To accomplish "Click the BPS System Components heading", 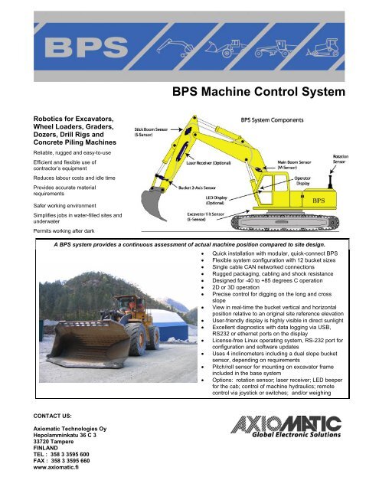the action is coord(277,120).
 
